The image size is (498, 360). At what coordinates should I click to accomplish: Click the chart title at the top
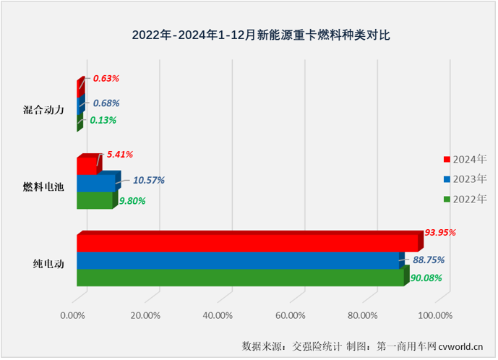(x=249, y=34)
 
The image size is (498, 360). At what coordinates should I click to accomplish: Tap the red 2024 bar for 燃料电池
(x=87, y=166)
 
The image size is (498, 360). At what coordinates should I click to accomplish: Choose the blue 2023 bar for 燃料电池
(x=95, y=184)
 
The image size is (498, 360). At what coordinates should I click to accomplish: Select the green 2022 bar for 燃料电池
(x=94, y=200)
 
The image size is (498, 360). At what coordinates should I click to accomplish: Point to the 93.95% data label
(x=442, y=232)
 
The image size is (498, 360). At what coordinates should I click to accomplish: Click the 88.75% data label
(x=429, y=260)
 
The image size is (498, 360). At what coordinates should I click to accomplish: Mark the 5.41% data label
(x=119, y=154)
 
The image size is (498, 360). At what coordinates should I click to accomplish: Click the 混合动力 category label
(x=44, y=110)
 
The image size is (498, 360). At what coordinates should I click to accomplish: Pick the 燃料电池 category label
(x=44, y=187)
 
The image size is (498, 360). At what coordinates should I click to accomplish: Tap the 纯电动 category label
(x=50, y=264)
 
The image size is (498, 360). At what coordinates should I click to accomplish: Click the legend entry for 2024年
(x=465, y=159)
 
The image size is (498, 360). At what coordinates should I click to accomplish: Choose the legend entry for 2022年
(x=465, y=199)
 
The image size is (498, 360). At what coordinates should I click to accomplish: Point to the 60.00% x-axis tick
(x=290, y=315)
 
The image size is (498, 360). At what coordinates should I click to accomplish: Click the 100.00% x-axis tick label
(x=434, y=315)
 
